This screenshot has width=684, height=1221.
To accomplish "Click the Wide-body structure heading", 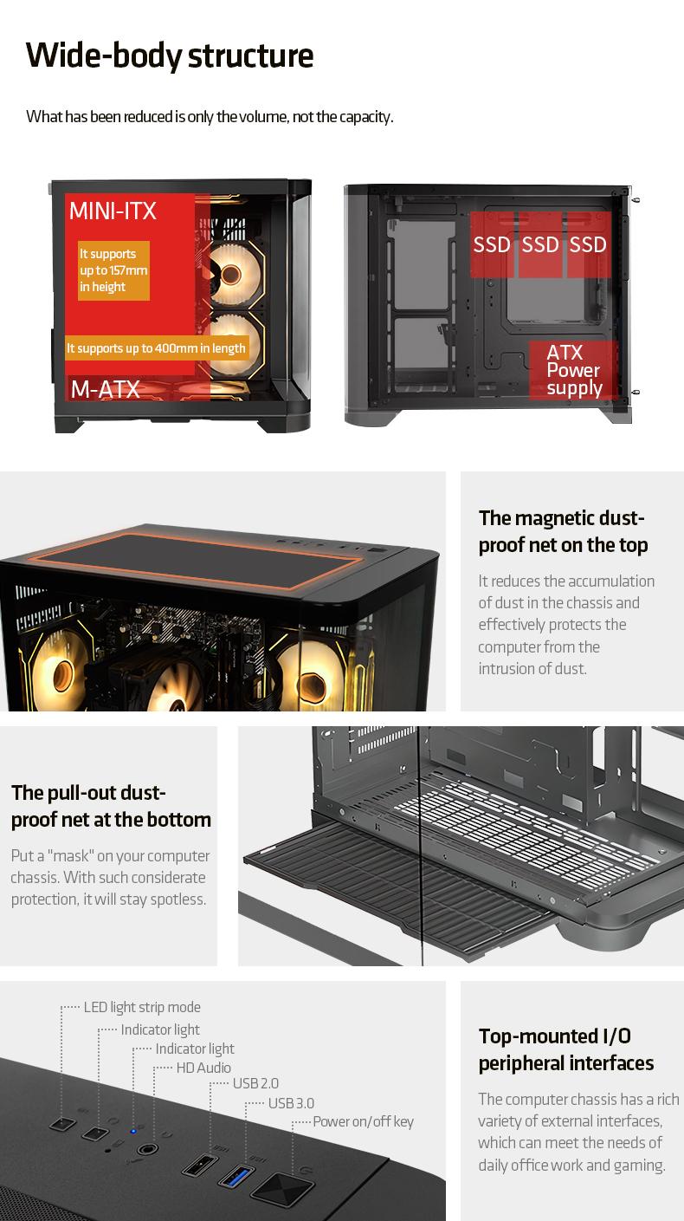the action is (170, 56).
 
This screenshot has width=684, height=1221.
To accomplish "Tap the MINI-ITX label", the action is (113, 211).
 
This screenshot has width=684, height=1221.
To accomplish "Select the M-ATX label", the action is (105, 389).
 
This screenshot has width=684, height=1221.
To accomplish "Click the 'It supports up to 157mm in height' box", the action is (113, 270).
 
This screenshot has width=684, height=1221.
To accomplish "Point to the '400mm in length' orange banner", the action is (157, 347).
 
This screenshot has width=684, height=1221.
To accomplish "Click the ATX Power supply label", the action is (574, 370).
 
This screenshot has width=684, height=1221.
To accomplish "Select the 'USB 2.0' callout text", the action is (255, 1083).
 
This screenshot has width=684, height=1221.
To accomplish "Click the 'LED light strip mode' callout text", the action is (142, 1007).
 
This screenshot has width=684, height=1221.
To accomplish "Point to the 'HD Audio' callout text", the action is (203, 1068).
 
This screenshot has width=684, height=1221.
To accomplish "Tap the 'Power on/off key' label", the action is (364, 1121).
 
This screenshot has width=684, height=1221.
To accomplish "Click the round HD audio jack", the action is (147, 1149).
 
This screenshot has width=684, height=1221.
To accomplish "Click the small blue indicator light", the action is (133, 1131).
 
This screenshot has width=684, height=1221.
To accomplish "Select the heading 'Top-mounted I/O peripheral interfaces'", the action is (566, 1049).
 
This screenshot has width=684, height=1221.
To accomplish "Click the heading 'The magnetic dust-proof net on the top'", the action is (563, 531).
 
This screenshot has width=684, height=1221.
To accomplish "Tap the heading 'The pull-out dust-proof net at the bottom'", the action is (111, 806).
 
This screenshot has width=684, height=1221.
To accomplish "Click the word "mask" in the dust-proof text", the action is (71, 856).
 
